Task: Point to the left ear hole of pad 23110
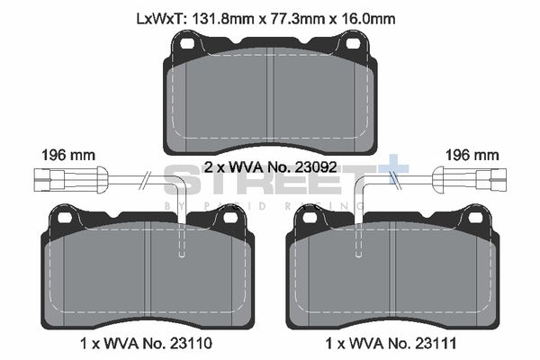click(63, 216)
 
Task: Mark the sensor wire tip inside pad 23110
click(183, 255)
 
